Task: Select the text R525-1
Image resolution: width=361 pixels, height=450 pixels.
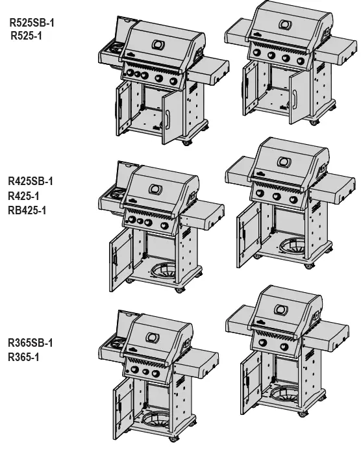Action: coord(27,36)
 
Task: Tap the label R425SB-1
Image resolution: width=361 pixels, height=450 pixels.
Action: coord(31,181)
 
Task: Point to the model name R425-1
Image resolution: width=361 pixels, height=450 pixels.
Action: coord(25,195)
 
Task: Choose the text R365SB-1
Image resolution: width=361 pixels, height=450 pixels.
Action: coord(31,343)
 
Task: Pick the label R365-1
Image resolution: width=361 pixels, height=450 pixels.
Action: coord(25,356)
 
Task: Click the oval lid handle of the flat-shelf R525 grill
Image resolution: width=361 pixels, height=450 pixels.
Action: coord(284,25)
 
